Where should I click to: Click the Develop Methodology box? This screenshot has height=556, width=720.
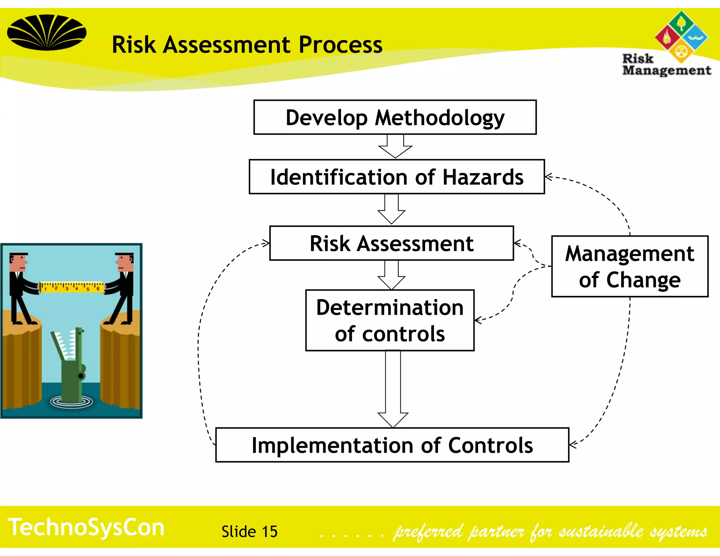tap(395, 117)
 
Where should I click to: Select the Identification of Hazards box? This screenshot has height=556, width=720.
tap(397, 177)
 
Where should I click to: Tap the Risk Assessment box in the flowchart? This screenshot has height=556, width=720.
tap(391, 243)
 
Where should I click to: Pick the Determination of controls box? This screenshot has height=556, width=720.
tap(390, 320)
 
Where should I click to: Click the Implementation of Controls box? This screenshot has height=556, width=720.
tap(392, 445)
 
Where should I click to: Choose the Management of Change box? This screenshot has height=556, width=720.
tap(630, 266)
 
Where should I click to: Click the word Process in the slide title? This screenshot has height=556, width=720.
tap(340, 45)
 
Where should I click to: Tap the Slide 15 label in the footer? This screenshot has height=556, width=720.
tap(249, 531)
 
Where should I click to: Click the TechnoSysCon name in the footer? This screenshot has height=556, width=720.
tap(86, 527)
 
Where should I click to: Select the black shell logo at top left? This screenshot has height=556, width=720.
tap(46, 32)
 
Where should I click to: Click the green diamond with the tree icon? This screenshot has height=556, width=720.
tap(681, 23)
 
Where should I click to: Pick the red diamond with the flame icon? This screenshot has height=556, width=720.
tap(667, 38)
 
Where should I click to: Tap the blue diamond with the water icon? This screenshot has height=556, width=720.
tap(695, 37)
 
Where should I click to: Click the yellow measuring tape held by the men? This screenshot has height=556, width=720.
tap(72, 287)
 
